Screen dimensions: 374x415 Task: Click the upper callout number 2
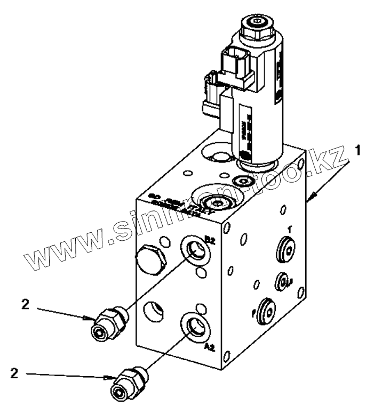(25, 304)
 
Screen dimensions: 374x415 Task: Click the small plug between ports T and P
(281, 280)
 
